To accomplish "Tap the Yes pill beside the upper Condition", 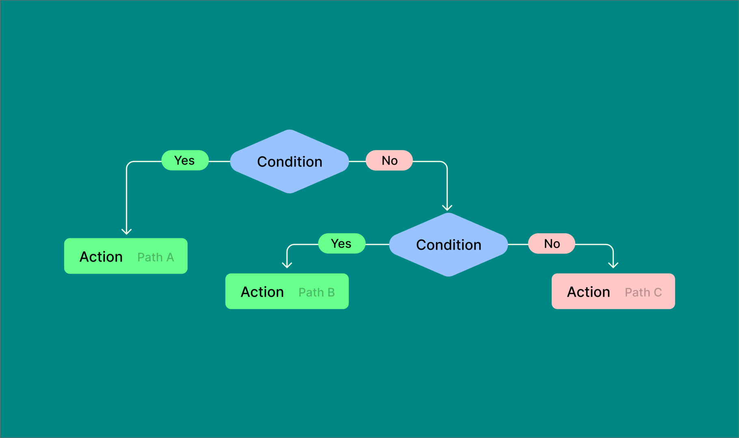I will coord(185,161).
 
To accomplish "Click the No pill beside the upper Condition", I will coord(389,161).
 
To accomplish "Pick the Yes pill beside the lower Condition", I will coord(341,243).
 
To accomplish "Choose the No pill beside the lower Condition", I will coord(551,243).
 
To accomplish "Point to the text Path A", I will coord(156,257).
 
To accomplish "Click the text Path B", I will coord(317,292).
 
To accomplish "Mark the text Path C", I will coord(643,292).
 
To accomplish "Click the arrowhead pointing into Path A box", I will coord(127,232).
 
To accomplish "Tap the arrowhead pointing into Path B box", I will coord(287,265).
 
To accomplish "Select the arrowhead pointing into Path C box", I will coord(613,265).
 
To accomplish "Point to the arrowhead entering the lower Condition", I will coord(447,208).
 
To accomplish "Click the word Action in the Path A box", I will coord(101,257).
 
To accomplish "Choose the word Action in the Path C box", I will coord(588,292).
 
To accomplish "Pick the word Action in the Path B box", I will coord(262,292).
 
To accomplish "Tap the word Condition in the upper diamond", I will coord(290,162).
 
